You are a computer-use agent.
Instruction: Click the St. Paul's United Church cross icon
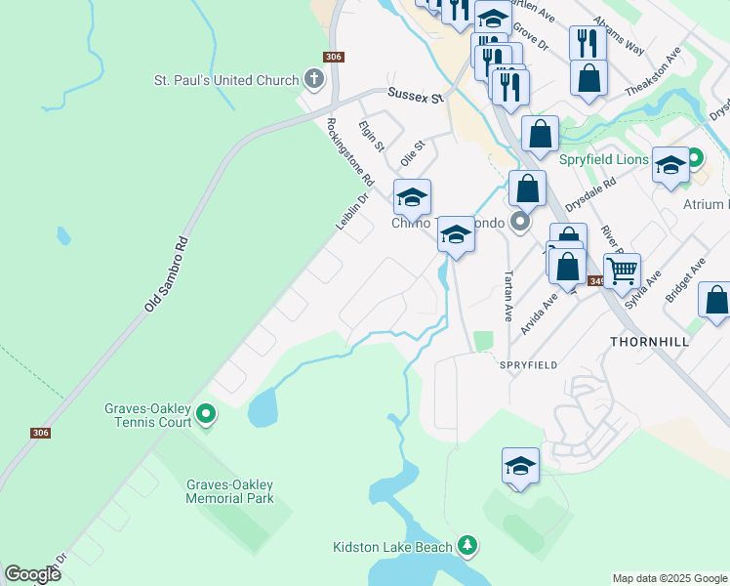pyautogui.click(x=313, y=78)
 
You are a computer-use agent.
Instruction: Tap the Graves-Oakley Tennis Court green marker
pyautogui.click(x=205, y=415)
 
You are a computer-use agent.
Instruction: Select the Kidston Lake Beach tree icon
pyautogui.click(x=468, y=545)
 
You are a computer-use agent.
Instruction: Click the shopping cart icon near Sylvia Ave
pyautogui.click(x=622, y=269)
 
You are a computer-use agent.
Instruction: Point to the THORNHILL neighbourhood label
pyautogui.click(x=649, y=342)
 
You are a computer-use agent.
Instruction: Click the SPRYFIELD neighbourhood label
pyautogui.click(x=528, y=364)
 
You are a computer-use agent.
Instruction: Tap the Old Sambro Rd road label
pyautogui.click(x=166, y=273)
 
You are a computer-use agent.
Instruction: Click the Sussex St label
pyautogui.click(x=415, y=96)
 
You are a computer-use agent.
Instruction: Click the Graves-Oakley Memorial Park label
pyautogui.click(x=229, y=491)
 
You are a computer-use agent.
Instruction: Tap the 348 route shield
pyautogui.click(x=597, y=281)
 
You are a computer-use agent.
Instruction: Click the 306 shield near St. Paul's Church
pyautogui.click(x=334, y=57)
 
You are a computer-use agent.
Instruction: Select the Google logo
pyautogui.click(x=32, y=574)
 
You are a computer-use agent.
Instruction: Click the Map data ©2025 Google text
pyautogui.click(x=669, y=578)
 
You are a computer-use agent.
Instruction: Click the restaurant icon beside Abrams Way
pyautogui.click(x=587, y=42)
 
